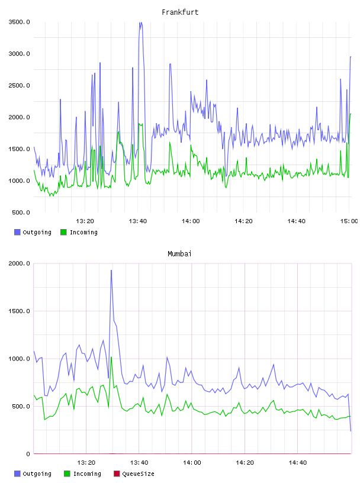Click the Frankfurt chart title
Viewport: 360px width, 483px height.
pos(180,12)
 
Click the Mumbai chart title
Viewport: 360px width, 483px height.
pos(179,254)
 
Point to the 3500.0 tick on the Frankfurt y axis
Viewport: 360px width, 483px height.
pos(19,22)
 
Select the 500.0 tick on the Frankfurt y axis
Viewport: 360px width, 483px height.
pos(21,212)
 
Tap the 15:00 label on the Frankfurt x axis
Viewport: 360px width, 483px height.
pos(349,221)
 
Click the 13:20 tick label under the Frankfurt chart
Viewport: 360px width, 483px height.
pos(85,221)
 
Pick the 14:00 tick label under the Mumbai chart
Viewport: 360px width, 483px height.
pos(192,463)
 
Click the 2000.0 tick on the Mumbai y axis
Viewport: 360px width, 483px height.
pos(19,263)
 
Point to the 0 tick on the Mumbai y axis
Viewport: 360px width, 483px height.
pos(28,454)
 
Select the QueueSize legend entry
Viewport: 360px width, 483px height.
pos(134,474)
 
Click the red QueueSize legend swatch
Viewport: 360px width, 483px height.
pos(117,474)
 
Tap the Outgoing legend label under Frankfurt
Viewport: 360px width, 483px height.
pos(37,232)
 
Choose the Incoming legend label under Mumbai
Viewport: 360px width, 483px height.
pos(87,474)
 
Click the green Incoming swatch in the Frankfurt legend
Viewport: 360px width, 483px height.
pos(63,232)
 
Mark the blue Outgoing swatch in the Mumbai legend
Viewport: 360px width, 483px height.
pos(17,474)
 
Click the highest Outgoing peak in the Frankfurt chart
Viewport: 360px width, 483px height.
pos(140,22)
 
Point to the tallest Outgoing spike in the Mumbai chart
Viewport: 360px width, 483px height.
pos(111,271)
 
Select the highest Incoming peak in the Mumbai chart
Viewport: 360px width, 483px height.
pos(111,358)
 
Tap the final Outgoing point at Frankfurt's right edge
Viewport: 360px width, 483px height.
pos(351,57)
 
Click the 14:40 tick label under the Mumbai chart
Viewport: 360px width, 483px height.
pos(298,463)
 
